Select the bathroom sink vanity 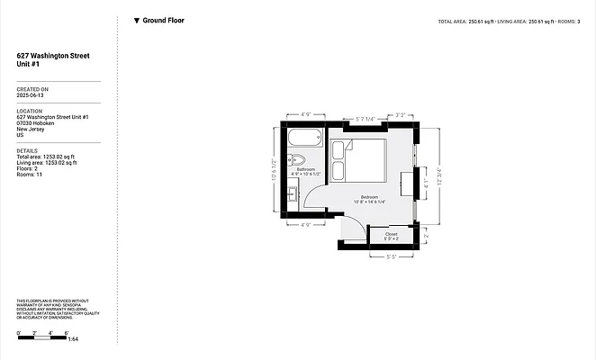[293, 192]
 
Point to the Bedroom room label [370, 197]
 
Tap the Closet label [391, 234]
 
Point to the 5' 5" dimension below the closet [391, 256]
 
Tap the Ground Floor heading [163, 20]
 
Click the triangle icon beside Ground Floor [136, 20]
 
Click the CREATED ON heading [32, 89]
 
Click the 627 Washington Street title [53, 55]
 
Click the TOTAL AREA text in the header [452, 20]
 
